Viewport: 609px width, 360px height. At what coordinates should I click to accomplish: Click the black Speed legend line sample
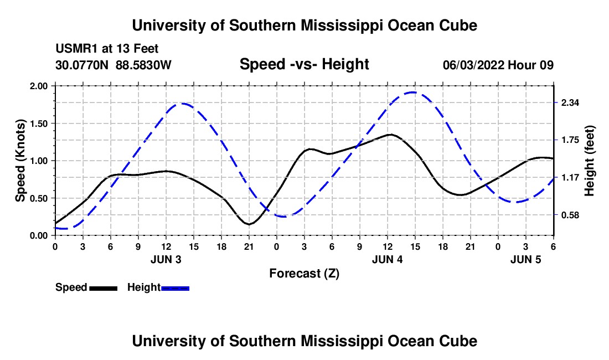[103, 288]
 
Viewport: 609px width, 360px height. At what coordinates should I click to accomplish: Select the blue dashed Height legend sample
[175, 288]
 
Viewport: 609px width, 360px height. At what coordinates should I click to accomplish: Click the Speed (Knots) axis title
[20, 161]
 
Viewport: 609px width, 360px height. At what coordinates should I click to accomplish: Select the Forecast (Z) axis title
[304, 273]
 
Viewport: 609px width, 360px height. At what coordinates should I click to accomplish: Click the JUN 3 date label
[166, 259]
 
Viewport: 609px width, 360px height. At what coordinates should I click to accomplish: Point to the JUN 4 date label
[387, 259]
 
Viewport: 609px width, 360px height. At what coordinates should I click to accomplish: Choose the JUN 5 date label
[525, 259]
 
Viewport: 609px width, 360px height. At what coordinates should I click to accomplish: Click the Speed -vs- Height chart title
[304, 64]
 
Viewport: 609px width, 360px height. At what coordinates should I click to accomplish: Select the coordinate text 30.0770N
[83, 65]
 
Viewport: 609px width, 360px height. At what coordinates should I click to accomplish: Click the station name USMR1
[73, 49]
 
